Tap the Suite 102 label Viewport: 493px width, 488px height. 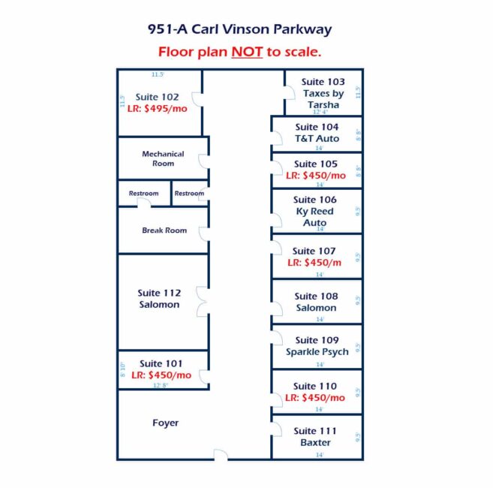157,97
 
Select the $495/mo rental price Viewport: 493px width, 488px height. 163,108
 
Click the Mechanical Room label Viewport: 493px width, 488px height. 163,158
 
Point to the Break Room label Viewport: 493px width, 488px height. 164,230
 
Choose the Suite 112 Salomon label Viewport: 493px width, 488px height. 159,299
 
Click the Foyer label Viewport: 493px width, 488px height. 165,423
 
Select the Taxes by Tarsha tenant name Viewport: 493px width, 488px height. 323,99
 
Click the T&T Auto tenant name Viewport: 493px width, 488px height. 317,139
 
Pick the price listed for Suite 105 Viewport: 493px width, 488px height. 316,176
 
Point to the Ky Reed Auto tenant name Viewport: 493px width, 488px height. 315,217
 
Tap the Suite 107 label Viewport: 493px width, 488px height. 315,252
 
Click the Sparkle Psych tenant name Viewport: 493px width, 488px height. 317,352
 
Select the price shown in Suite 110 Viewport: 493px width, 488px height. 316,398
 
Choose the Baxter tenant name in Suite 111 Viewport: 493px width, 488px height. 316,443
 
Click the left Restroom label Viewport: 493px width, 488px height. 143,194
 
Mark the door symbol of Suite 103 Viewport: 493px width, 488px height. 289,93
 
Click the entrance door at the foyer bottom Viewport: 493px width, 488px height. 221,454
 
